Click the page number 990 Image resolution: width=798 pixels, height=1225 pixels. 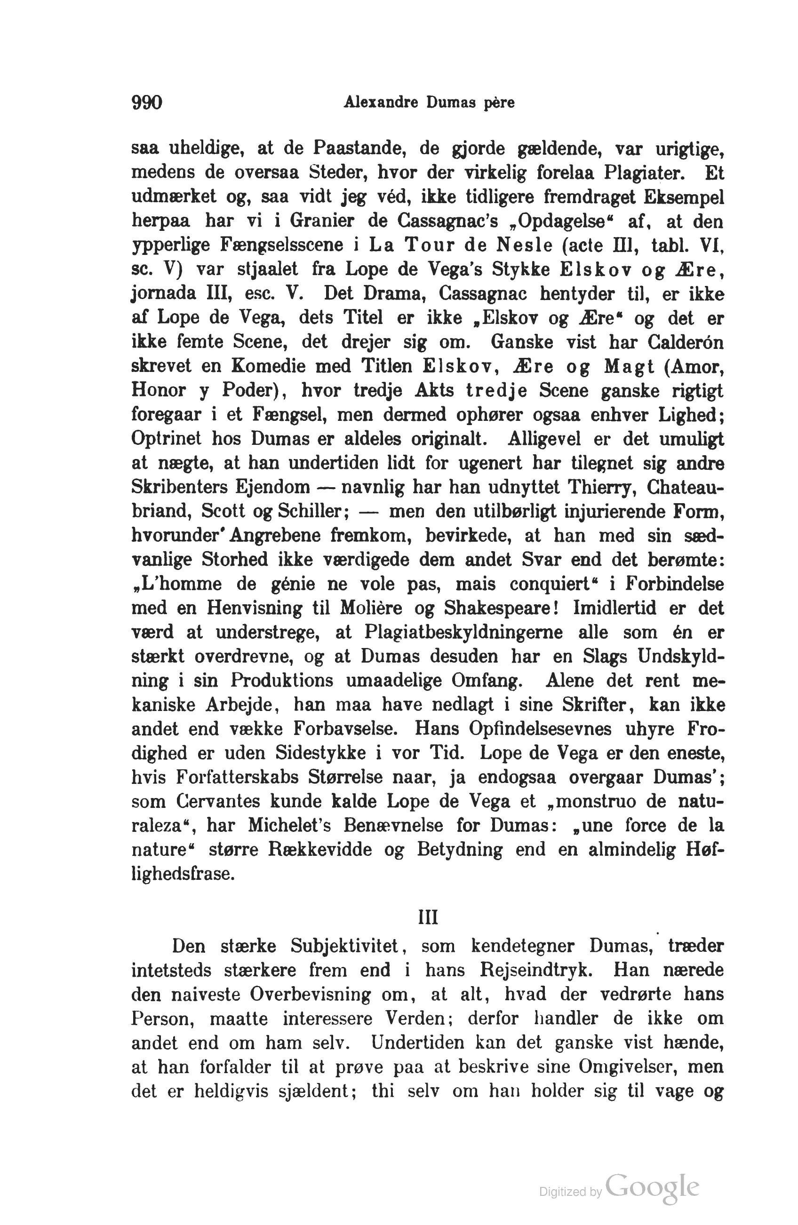point(147,103)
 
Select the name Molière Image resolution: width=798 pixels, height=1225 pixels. point(374,609)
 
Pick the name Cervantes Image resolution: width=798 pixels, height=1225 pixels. point(224,802)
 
